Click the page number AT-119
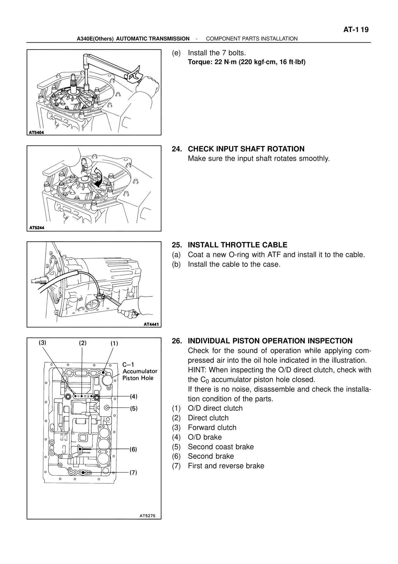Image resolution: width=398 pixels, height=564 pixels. pos(356,30)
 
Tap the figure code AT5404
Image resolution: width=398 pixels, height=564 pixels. pos(36,132)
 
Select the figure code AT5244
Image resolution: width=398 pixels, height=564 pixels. pos(36,228)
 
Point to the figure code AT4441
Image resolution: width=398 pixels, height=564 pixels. pos(151,324)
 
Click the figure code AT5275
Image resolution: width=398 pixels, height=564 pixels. pos(149,515)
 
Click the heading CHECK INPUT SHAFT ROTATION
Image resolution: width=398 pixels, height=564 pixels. pos(246,149)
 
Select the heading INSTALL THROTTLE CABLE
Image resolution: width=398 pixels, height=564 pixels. pos(238,245)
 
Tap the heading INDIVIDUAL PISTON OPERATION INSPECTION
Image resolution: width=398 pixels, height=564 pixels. pos(270,341)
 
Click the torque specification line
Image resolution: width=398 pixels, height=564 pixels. pos(247,62)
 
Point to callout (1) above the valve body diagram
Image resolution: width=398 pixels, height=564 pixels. pos(114,344)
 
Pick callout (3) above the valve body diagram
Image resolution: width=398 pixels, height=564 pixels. pos(43,343)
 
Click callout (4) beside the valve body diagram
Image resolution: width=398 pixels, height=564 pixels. pos(133,396)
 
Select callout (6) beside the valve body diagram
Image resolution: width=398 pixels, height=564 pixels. pos(133,449)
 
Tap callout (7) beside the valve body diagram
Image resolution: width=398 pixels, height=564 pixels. pos(133,472)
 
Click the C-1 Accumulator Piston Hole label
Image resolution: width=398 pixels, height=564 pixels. pos(140,371)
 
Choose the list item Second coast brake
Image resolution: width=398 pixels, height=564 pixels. pos(220,447)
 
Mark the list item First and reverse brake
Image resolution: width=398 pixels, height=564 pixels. pos(226,466)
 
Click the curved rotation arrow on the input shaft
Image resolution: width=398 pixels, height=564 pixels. pos(99,177)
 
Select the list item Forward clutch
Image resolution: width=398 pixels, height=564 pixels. pos(212,428)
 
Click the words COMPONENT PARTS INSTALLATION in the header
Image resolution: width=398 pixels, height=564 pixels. pos(252,39)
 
